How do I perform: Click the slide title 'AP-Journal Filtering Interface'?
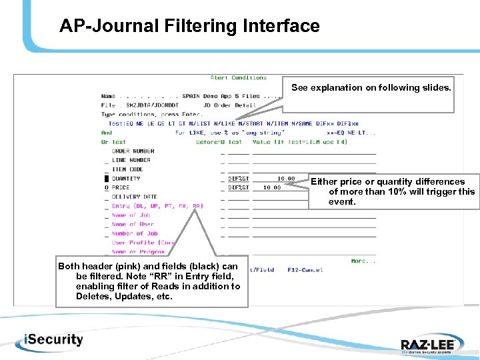pyautogui.click(x=189, y=26)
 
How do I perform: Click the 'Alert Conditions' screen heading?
pyautogui.click(x=238, y=78)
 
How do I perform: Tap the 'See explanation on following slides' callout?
pyautogui.click(x=371, y=87)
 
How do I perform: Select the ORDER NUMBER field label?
pyautogui.click(x=133, y=151)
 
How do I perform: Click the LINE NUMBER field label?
pyautogui.click(x=131, y=160)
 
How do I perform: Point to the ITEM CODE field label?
pyautogui.click(x=127, y=169)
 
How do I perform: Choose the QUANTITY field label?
pyautogui.click(x=126, y=179)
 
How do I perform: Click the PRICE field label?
pyautogui.click(x=121, y=187)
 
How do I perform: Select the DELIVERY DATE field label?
pyautogui.click(x=135, y=197)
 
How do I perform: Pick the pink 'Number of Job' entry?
pyautogui.click(x=134, y=234)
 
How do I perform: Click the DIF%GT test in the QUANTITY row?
pyautogui.click(x=238, y=179)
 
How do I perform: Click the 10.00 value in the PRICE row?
pyautogui.click(x=271, y=188)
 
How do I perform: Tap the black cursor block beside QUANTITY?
pyautogui.click(x=106, y=179)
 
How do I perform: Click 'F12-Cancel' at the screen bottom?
pyautogui.click(x=305, y=270)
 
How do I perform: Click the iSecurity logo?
pyautogui.click(x=45, y=339)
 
